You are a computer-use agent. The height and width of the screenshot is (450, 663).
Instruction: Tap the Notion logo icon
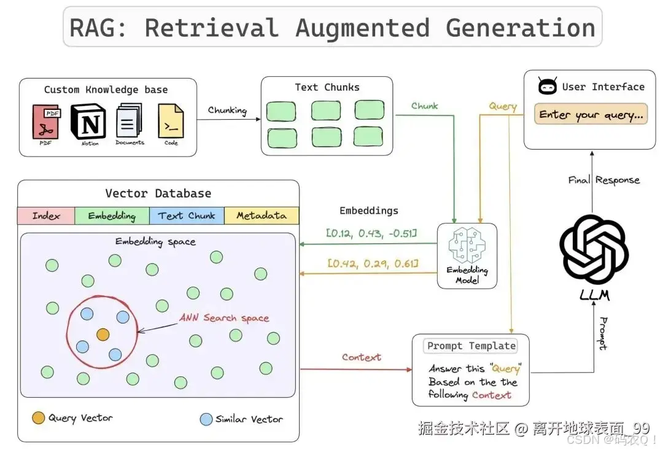click(x=88, y=120)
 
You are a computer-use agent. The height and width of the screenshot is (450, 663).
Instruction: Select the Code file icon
click(x=171, y=120)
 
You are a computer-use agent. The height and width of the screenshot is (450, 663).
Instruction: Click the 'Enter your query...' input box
click(x=591, y=115)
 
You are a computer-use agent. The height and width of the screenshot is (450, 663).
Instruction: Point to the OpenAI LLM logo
click(x=594, y=251)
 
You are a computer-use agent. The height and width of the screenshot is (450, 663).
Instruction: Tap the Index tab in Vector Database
click(x=46, y=215)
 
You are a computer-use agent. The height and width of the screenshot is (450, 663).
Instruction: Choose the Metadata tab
click(x=262, y=215)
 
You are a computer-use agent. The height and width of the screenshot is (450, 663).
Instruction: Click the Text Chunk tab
click(x=187, y=215)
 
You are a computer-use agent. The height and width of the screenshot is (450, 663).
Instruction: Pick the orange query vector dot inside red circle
click(x=103, y=335)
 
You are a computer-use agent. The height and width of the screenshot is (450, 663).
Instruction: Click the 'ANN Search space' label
click(x=224, y=318)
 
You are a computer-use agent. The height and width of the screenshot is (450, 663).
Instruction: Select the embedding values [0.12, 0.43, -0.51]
click(x=371, y=233)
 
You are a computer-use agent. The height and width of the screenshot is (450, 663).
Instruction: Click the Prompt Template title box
click(x=471, y=346)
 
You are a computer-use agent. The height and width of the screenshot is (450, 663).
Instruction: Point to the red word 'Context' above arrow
click(x=362, y=357)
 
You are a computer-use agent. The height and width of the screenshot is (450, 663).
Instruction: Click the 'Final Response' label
click(x=603, y=180)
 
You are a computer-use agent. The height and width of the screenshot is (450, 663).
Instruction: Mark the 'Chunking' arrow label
click(x=227, y=110)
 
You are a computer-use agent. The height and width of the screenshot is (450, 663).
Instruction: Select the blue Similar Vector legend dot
click(x=206, y=419)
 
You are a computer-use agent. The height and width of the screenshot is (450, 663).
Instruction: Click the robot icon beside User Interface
click(x=548, y=87)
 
